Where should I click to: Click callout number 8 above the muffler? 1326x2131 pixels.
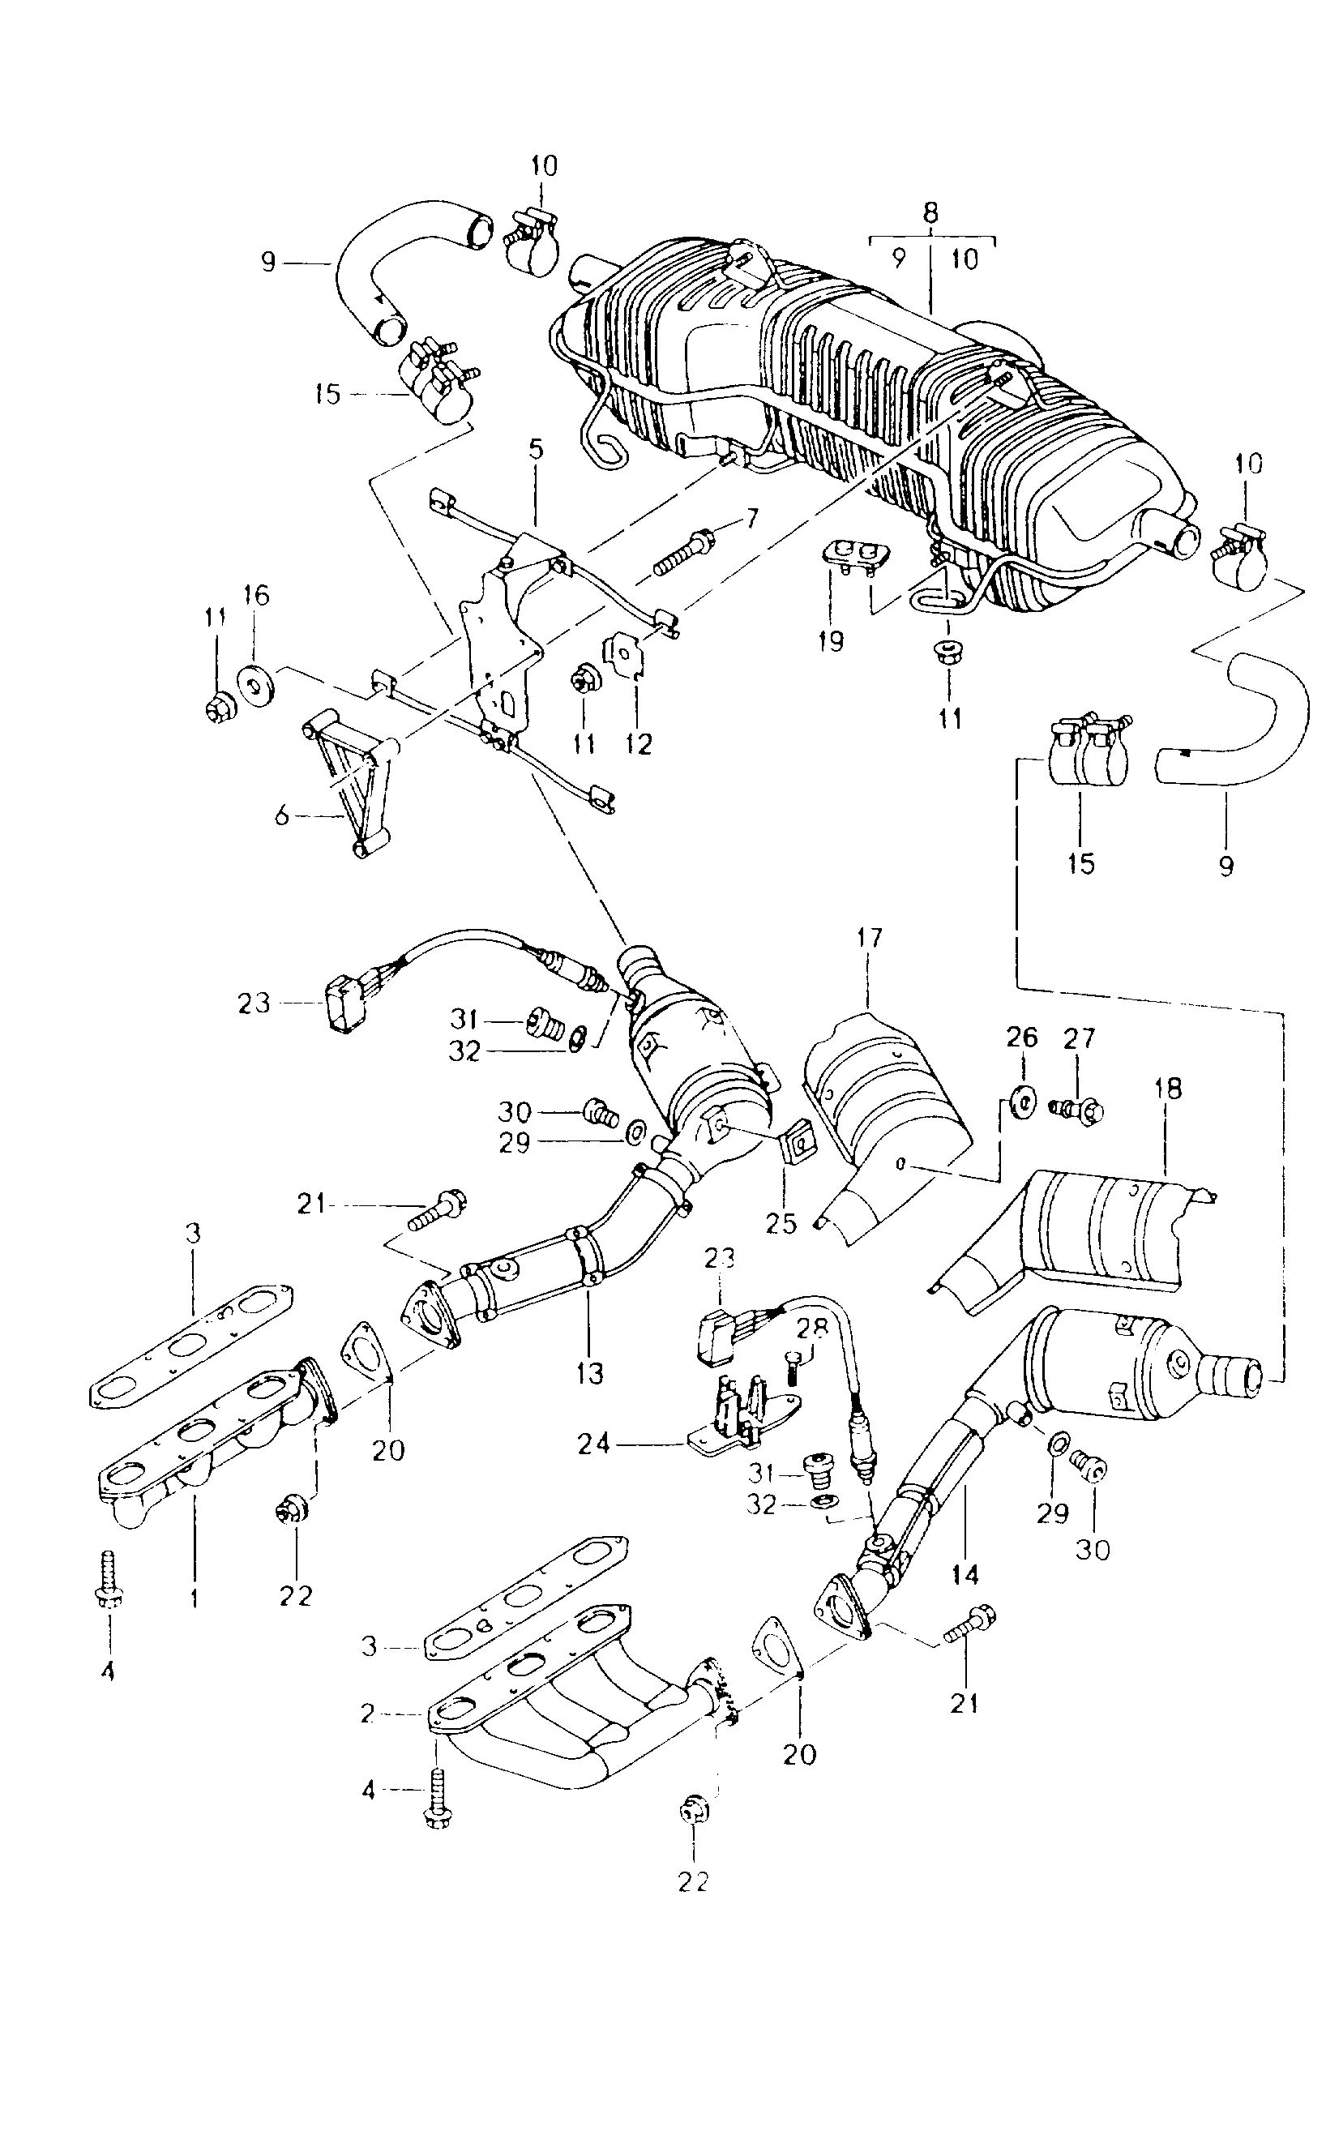930,213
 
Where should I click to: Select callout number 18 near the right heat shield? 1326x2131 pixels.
1168,1089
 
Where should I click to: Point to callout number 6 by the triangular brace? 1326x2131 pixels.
281,816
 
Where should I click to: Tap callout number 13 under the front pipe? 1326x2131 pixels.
590,1373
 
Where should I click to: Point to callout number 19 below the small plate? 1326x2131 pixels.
831,641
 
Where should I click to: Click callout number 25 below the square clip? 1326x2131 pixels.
781,1223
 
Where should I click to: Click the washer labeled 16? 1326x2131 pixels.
256,685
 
